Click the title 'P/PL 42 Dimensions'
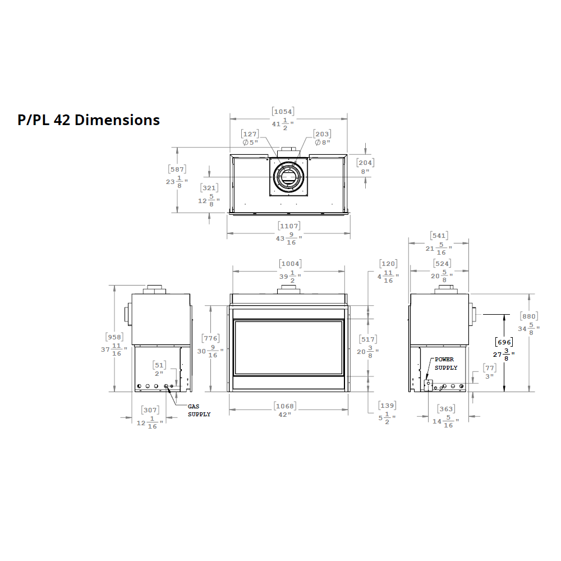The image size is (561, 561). (x=89, y=120)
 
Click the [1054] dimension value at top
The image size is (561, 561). (x=283, y=112)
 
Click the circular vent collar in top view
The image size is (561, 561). (x=289, y=177)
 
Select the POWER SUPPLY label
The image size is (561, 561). (x=446, y=364)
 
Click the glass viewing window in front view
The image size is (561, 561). (x=288, y=347)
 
